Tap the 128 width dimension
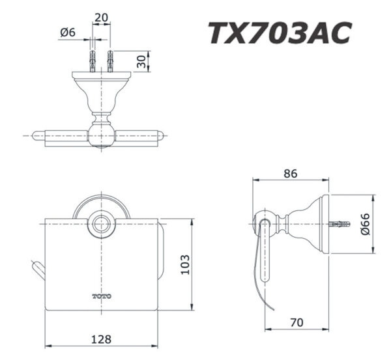click(101, 339)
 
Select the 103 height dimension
click(185, 264)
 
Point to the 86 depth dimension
click(291, 174)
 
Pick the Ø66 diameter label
click(366, 225)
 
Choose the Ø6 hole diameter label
click(68, 31)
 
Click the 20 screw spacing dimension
click(101, 18)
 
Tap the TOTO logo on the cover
click(101, 296)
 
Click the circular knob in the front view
click(101, 225)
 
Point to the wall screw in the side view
click(340, 225)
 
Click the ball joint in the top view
click(101, 135)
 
